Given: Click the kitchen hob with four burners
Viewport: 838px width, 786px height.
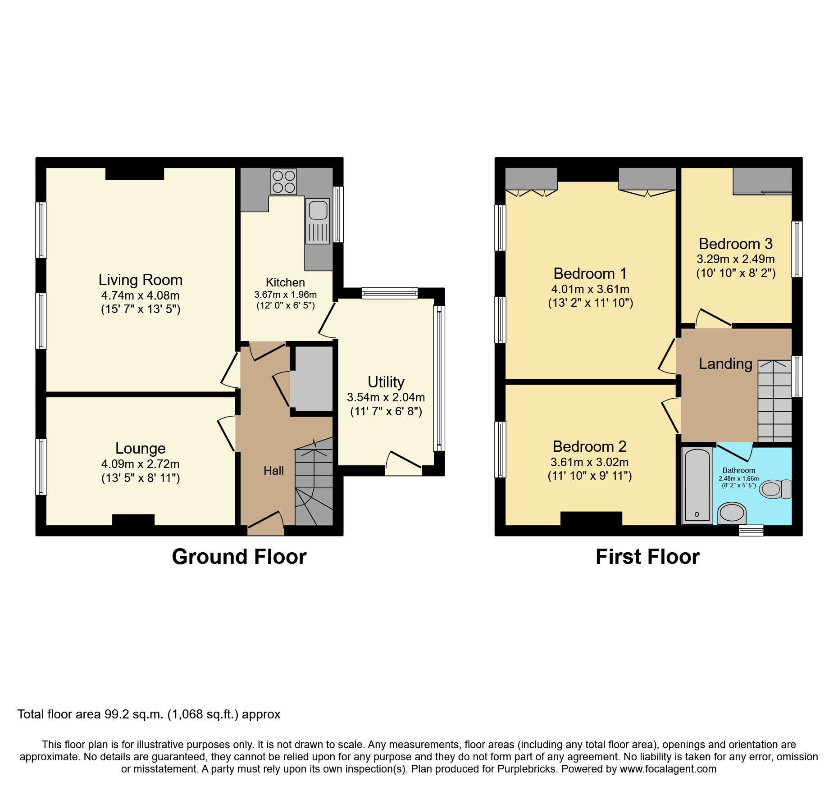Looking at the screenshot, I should coord(283,182).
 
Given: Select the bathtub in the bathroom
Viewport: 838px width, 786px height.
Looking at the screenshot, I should coord(697,486).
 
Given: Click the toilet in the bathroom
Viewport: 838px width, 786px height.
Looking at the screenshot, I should coord(774,489).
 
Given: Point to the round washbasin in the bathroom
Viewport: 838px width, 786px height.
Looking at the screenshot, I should coord(732,513).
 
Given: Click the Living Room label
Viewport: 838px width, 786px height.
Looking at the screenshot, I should coord(140,280).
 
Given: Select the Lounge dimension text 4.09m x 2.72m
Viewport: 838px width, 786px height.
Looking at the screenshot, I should coord(140,464).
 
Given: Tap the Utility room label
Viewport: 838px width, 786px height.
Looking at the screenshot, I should coord(386,382).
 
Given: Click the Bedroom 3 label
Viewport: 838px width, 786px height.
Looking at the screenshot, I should coord(735,244).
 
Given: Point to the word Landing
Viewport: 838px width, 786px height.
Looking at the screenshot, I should coord(725,363).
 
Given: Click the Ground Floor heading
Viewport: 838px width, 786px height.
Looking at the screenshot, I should coord(239,557).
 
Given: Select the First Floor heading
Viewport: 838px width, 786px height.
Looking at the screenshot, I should coord(647,557).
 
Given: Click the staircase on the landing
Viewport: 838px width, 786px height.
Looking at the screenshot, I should coord(774,401).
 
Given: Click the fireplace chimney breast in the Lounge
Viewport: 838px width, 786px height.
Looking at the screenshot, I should coord(133,520).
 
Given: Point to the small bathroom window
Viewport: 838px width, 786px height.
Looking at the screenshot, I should coord(751,530).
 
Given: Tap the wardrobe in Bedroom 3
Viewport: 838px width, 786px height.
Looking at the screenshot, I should coord(762,180).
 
